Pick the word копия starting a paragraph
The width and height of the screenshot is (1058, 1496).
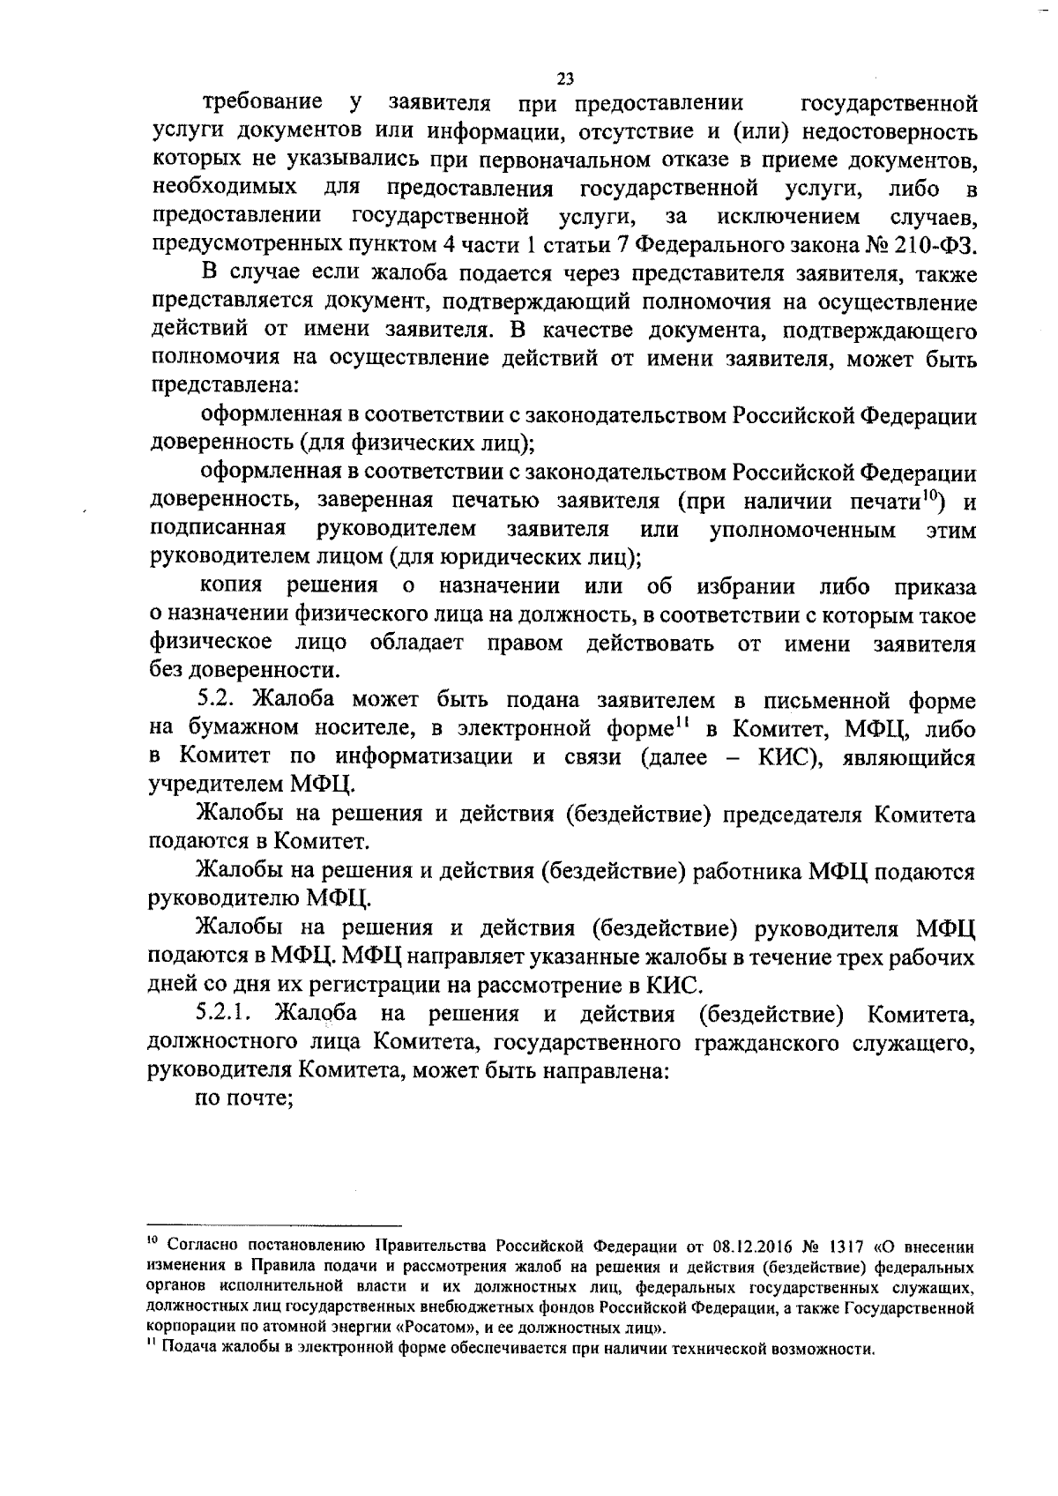tap(230, 586)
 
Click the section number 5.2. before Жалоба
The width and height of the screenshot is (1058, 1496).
tap(220, 700)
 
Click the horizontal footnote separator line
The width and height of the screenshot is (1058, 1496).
tap(273, 1224)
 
